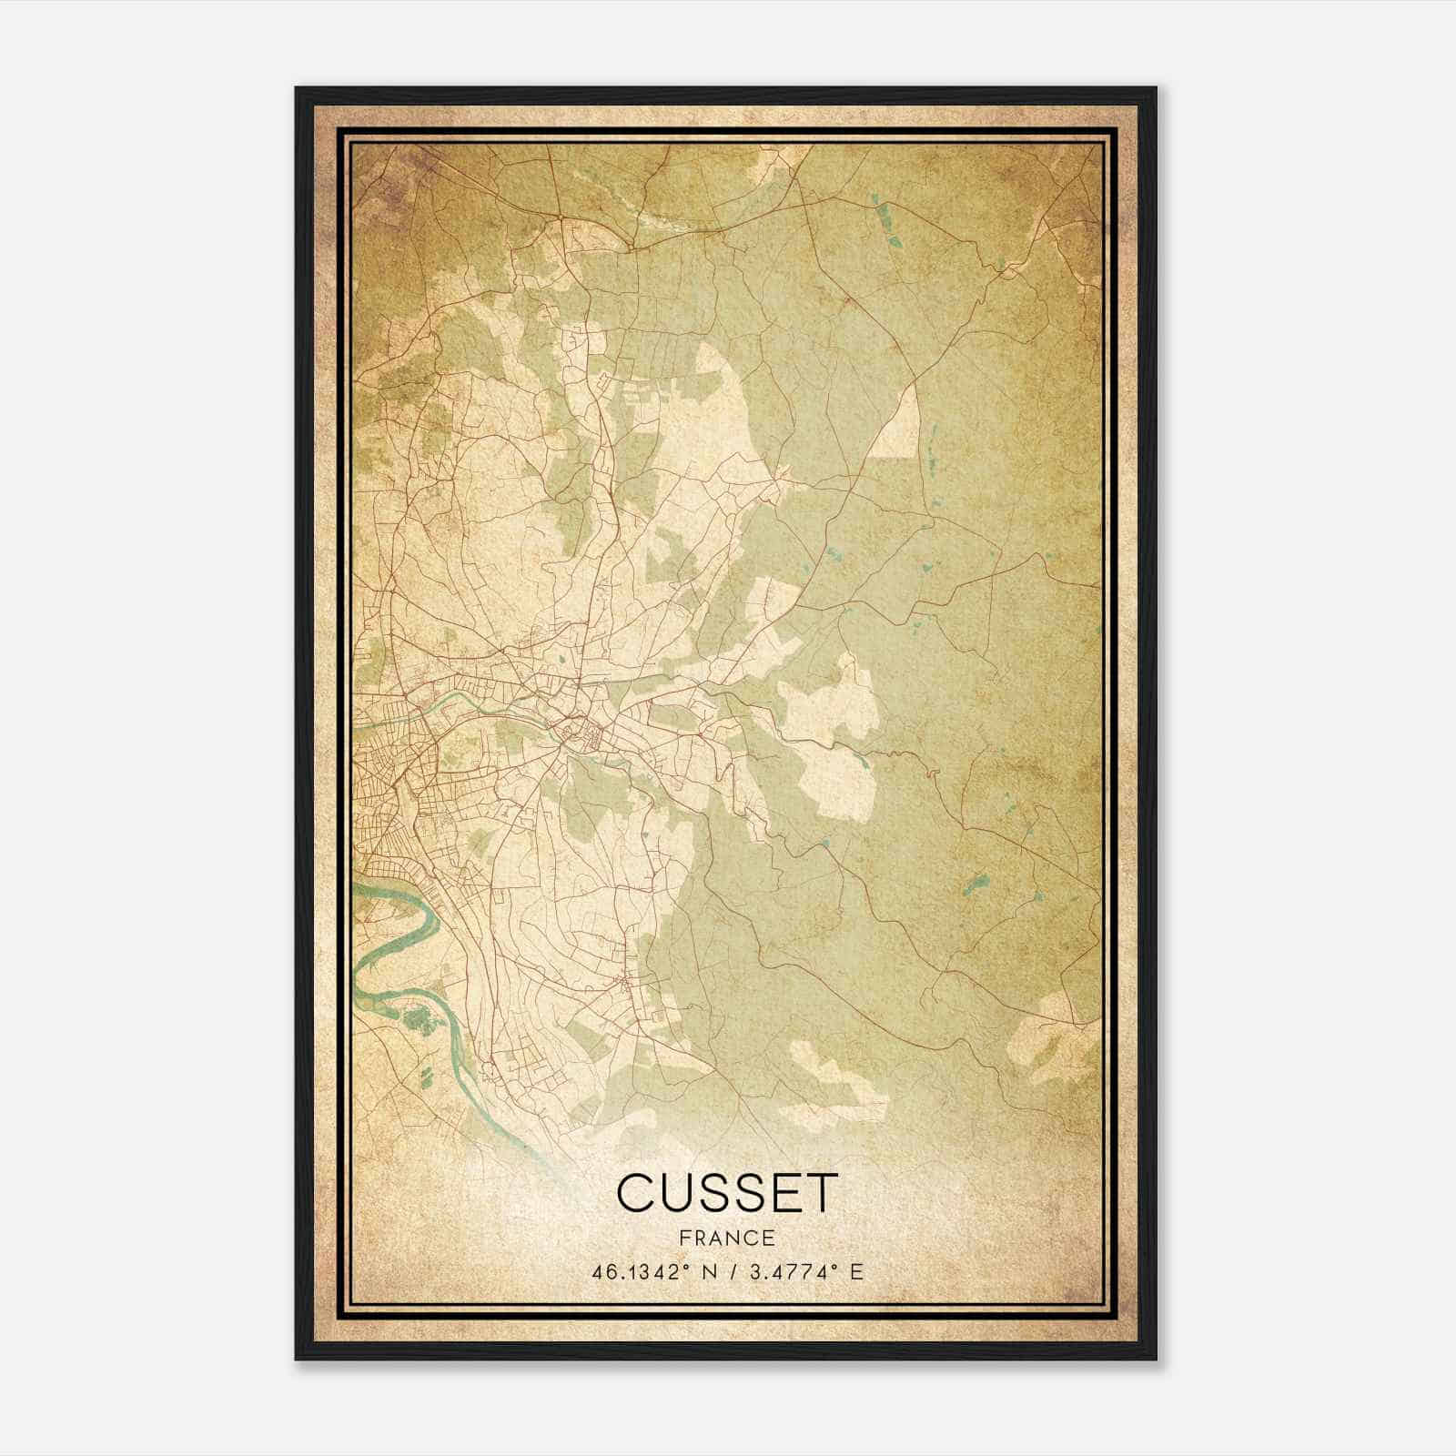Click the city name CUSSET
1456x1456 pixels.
(x=725, y=1193)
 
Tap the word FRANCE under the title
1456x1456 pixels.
(x=725, y=1238)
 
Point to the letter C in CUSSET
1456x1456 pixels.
(x=637, y=1193)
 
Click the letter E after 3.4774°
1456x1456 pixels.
(x=854, y=1272)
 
